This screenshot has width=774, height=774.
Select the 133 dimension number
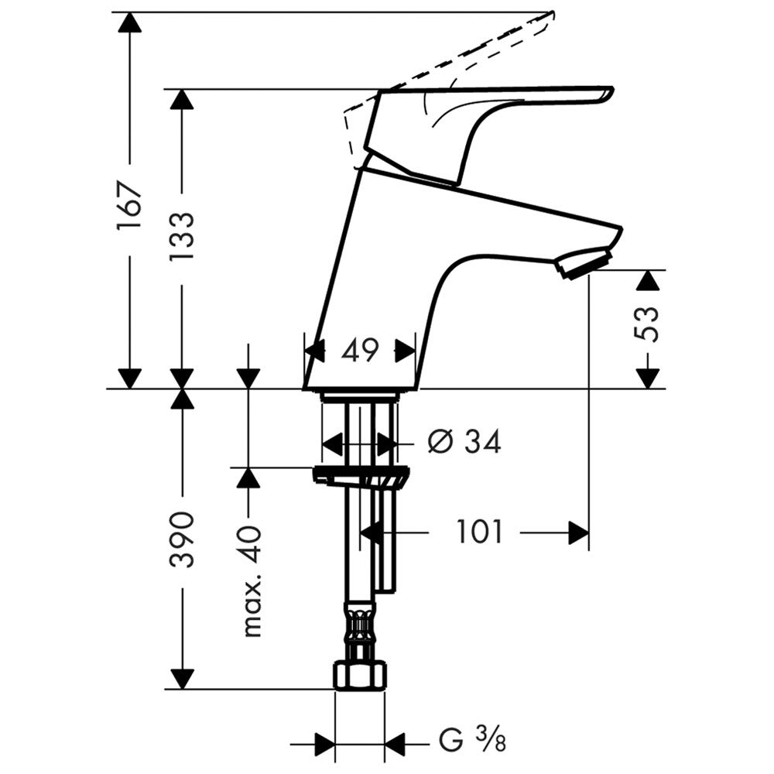[182, 238]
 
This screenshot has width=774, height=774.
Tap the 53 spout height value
[646, 324]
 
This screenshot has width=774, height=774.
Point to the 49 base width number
[360, 351]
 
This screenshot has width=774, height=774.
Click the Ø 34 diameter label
[464, 441]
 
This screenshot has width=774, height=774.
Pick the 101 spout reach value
[479, 533]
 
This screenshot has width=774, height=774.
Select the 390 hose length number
[182, 539]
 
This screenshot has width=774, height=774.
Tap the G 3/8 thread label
[472, 741]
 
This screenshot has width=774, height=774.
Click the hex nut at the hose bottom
[359, 676]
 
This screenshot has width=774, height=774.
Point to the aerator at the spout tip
[583, 264]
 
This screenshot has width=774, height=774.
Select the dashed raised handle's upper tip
[553, 12]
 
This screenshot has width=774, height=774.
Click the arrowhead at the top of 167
[130, 22]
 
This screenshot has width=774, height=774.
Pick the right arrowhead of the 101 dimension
[578, 533]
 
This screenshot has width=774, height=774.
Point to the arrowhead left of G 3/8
[324, 743]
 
